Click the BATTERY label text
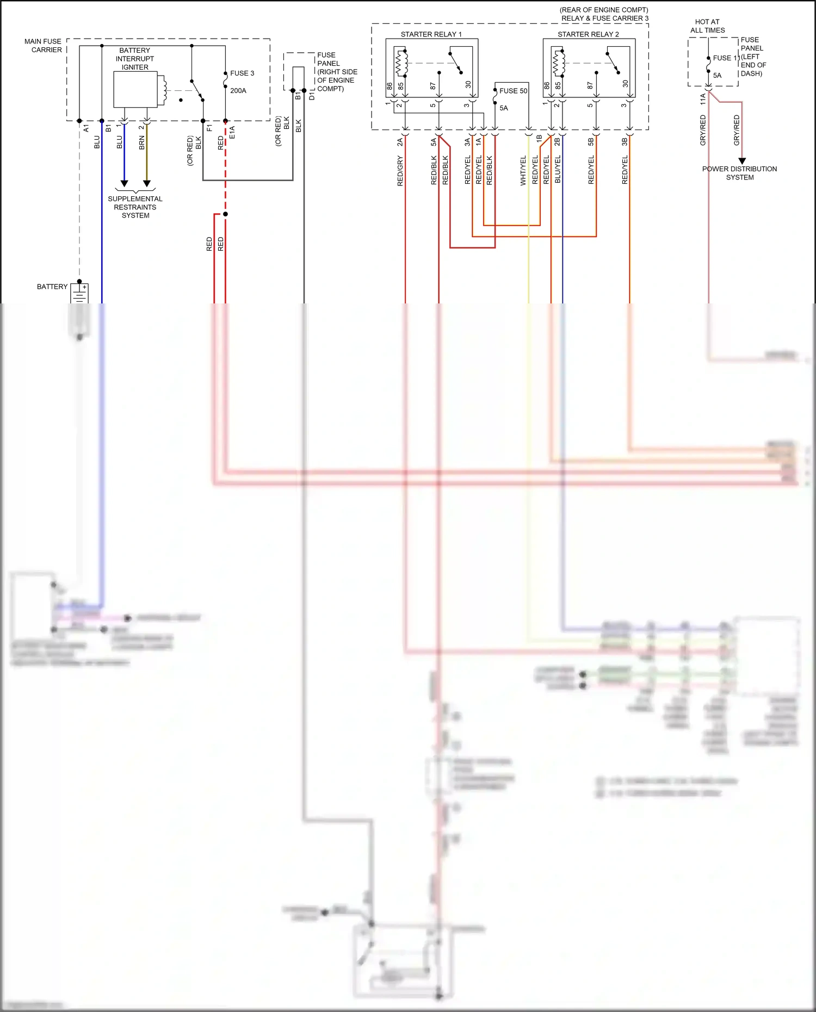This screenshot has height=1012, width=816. click(x=52, y=287)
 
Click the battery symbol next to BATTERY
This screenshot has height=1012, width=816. click(x=80, y=294)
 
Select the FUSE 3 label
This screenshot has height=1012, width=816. click(x=242, y=73)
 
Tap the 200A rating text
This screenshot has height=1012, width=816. click(x=238, y=91)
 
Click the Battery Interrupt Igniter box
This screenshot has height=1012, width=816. click(x=135, y=89)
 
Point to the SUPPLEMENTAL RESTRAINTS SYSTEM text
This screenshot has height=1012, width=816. click(x=135, y=207)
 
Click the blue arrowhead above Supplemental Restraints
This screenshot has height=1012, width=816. click(x=124, y=184)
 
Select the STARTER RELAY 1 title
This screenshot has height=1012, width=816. click(x=431, y=34)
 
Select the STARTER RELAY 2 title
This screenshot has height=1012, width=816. click(x=588, y=34)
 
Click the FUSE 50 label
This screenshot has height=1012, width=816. click(x=513, y=91)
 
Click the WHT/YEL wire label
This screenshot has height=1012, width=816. click(x=523, y=171)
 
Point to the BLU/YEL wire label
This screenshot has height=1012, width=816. click(x=557, y=169)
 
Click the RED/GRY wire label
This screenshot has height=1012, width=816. click(x=400, y=171)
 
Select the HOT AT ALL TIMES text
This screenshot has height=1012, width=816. click(x=707, y=26)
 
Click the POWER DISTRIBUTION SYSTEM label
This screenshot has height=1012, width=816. click(x=739, y=173)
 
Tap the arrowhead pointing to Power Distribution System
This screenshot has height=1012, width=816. click(x=742, y=161)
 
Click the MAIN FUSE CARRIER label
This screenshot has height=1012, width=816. click(x=43, y=46)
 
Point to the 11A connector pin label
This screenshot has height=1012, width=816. click(x=703, y=99)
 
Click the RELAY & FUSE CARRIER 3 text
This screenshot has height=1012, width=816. click(x=605, y=18)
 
